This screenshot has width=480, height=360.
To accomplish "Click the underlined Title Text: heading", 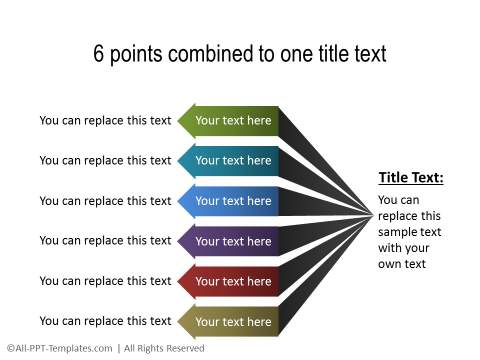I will click(x=410, y=178).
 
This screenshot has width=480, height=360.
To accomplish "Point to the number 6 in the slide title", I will click(x=99, y=54).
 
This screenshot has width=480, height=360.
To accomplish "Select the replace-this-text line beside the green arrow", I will click(x=105, y=121).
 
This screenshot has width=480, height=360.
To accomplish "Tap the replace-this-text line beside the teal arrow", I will click(x=105, y=161).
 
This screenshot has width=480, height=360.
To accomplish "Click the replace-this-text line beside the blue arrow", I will click(x=105, y=201).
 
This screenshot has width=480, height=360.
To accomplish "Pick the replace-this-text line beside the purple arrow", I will click(x=105, y=241).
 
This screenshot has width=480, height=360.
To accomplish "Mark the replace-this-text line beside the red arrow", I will click(x=105, y=281).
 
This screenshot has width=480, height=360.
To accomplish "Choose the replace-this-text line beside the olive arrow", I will click(x=105, y=321).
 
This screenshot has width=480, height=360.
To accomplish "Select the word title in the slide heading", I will click(x=324, y=54).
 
